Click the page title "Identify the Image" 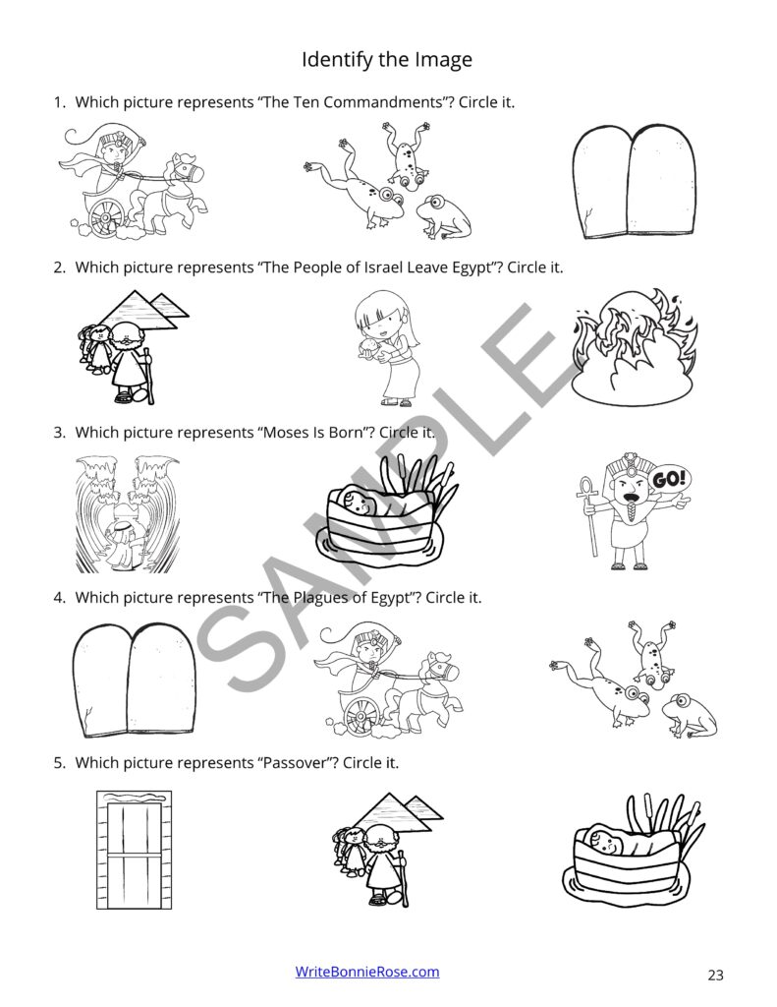tap(386, 60)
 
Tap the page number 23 tap(714, 976)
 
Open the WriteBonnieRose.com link tap(367, 972)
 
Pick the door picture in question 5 tap(129, 847)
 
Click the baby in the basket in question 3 tap(361, 508)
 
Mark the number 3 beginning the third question tap(59, 432)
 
